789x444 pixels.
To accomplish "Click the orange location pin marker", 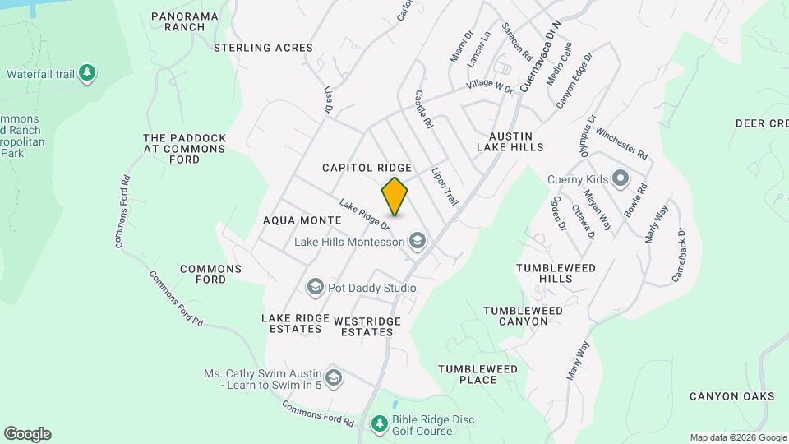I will tap(395, 196).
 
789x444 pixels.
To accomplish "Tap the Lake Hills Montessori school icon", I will tap(418, 241).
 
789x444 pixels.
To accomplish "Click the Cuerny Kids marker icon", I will tap(620, 178).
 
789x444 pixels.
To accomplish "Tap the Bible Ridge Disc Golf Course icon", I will tap(379, 424).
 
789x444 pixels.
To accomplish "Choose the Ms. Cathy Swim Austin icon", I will tap(334, 378).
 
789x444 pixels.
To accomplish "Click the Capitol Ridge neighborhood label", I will tap(367, 167).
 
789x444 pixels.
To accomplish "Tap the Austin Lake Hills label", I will tap(510, 141).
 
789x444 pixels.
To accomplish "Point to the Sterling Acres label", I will tap(263, 48).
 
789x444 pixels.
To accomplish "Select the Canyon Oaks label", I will tap(731, 396).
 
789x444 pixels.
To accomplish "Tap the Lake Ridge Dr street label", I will tap(363, 215).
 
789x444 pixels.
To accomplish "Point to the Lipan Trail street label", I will tap(444, 186).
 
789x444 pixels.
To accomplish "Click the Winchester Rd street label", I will tap(622, 143).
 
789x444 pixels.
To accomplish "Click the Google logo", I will tap(27, 434).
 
